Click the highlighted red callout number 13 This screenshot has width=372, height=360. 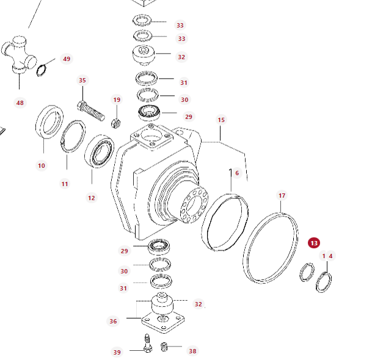(313, 243)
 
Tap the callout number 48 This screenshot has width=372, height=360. (20, 103)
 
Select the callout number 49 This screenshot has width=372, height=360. (67, 59)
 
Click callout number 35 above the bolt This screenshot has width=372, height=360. (82, 80)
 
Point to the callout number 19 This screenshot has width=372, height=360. (117, 100)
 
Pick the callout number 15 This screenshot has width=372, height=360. (221, 120)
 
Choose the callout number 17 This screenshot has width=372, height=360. (282, 195)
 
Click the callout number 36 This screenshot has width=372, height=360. (113, 321)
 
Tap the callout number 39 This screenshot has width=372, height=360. (117, 352)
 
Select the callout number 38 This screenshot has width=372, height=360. (192, 351)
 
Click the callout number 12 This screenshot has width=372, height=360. (92, 198)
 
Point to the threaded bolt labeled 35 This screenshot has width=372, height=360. (91, 111)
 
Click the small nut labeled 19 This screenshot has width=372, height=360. (115, 123)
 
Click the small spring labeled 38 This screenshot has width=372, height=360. (164, 347)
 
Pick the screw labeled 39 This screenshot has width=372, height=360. (147, 344)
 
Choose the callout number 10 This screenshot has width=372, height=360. (42, 166)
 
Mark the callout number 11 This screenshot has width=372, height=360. (65, 184)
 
